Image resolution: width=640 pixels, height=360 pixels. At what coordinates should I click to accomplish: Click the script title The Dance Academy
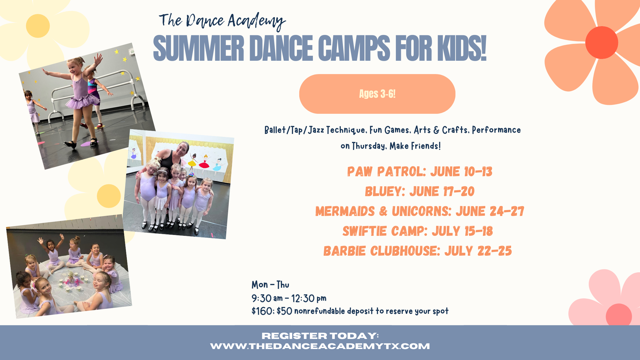click(x=222, y=21)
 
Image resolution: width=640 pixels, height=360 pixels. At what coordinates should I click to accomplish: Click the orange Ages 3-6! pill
click(x=377, y=94)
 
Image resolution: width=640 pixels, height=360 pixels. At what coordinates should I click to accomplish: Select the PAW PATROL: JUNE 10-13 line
click(x=420, y=172)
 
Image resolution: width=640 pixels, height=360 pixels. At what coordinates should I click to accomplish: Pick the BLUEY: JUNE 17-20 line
click(x=420, y=191)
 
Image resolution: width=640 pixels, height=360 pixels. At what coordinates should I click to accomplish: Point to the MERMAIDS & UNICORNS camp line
click(x=420, y=211)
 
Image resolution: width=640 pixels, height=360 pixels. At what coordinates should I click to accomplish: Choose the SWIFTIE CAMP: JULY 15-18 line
click(x=418, y=231)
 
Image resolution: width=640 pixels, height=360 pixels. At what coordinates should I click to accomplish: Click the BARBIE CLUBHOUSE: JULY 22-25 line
click(x=418, y=251)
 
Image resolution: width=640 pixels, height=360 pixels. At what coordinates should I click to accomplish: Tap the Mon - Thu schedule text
click(x=270, y=285)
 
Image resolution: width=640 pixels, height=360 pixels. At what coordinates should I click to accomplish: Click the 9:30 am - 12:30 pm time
click(x=289, y=298)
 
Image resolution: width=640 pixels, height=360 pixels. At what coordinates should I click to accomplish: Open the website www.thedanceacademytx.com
click(x=320, y=346)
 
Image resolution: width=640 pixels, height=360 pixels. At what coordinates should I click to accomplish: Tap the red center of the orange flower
click(x=601, y=43)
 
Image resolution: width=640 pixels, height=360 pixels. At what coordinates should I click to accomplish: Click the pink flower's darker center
click(x=619, y=316)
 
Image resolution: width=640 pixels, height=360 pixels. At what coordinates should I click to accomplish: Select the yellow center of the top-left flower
click(x=38, y=26)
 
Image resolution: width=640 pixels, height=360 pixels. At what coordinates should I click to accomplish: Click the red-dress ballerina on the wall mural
click(x=204, y=163)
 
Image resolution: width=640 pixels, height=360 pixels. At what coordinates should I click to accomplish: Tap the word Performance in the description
click(x=496, y=130)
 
